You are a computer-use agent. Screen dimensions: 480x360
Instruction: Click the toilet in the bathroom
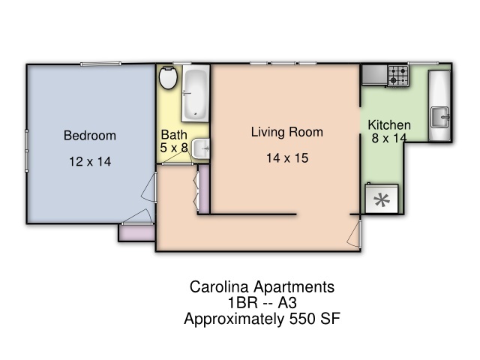(x=168, y=78)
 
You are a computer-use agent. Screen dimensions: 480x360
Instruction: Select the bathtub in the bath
(x=195, y=94)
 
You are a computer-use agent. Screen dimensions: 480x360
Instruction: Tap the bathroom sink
(x=201, y=148)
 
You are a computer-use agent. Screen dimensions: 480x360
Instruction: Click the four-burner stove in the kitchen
(x=398, y=75)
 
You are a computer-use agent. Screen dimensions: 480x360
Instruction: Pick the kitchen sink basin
(x=439, y=117)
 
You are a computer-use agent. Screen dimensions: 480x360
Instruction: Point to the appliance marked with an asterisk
(x=382, y=199)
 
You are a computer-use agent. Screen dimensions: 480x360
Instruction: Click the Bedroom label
(x=90, y=135)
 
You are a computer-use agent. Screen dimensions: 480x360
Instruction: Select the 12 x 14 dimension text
(x=90, y=162)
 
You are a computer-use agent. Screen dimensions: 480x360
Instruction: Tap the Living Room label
(x=286, y=132)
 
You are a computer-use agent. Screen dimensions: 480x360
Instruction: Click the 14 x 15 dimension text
(x=287, y=158)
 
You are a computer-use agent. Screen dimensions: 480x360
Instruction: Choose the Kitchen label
(x=389, y=125)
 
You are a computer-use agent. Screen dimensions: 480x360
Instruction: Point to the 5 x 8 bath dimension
(x=173, y=148)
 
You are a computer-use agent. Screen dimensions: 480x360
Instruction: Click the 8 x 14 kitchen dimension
(x=389, y=138)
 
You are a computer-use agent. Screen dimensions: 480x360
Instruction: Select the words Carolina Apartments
(x=262, y=286)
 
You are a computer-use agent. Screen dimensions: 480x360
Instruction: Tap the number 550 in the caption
(x=302, y=319)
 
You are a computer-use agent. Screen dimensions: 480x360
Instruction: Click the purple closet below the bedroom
(x=136, y=233)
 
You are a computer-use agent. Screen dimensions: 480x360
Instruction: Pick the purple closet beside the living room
(x=204, y=190)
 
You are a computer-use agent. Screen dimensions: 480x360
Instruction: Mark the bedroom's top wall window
(x=100, y=64)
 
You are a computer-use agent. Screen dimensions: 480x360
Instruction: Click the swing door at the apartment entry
(x=355, y=233)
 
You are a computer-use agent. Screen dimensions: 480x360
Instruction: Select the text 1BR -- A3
(x=262, y=303)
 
